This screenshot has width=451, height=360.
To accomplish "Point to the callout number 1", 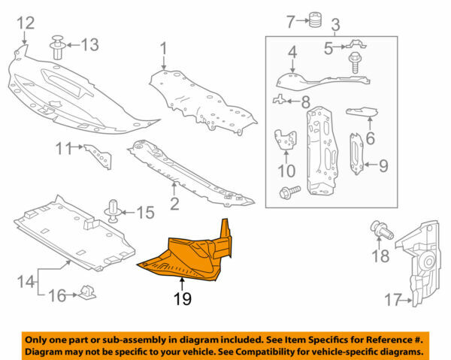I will tap(162, 50).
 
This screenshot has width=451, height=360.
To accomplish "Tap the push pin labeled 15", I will tap(114, 211).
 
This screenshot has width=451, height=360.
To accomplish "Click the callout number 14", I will tap(25, 283).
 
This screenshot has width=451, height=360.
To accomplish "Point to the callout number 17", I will tap(392, 301).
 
